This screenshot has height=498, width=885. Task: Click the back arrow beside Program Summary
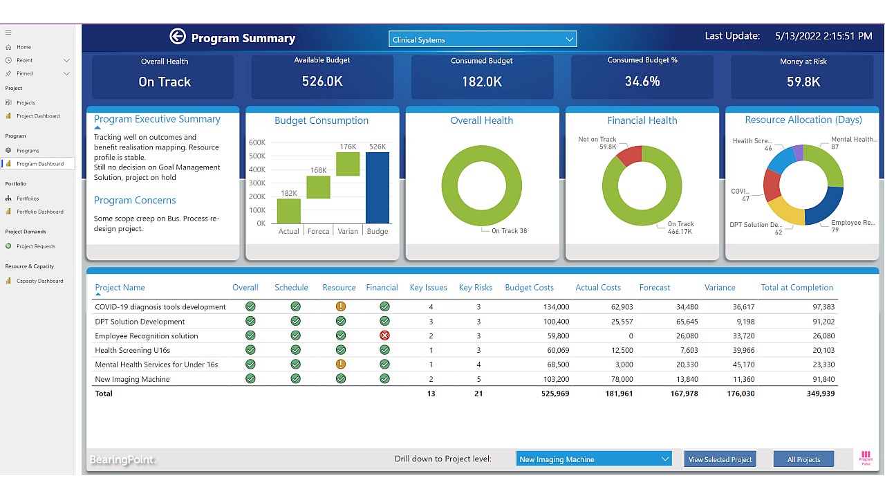[178, 37]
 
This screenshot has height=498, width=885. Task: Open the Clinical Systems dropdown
[482, 39]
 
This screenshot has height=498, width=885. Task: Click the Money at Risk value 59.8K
[803, 82]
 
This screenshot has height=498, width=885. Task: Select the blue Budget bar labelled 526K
[378, 187]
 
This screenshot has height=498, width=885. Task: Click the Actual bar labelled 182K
[289, 211]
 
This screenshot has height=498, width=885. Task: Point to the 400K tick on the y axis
[257, 169]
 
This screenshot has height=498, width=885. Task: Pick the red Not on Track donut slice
[629, 156]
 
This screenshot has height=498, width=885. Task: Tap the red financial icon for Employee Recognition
[384, 335]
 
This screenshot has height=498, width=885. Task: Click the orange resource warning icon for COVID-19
[340, 306]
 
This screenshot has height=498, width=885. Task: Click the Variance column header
[719, 288]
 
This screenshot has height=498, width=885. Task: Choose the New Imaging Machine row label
[132, 379]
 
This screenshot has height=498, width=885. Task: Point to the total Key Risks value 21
[478, 394]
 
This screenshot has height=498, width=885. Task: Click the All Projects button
[803, 459]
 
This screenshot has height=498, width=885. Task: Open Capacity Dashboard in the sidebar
[39, 281]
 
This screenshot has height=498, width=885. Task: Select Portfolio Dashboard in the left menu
[39, 212]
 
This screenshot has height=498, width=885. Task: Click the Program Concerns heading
[135, 201]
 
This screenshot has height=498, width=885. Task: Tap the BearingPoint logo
[122, 460]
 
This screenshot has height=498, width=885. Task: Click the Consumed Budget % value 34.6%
[642, 82]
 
